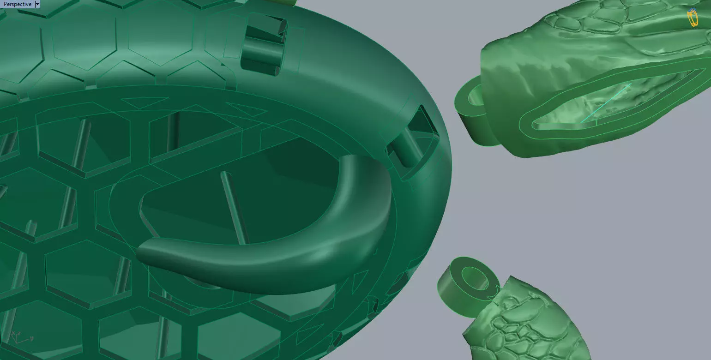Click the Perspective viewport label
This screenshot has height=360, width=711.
point(17,4)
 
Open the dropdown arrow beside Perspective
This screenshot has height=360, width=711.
point(37,4)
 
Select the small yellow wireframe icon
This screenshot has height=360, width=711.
point(692,18)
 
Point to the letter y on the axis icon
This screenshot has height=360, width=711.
point(31,338)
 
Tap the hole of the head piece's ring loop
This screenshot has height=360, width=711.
point(476,97)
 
